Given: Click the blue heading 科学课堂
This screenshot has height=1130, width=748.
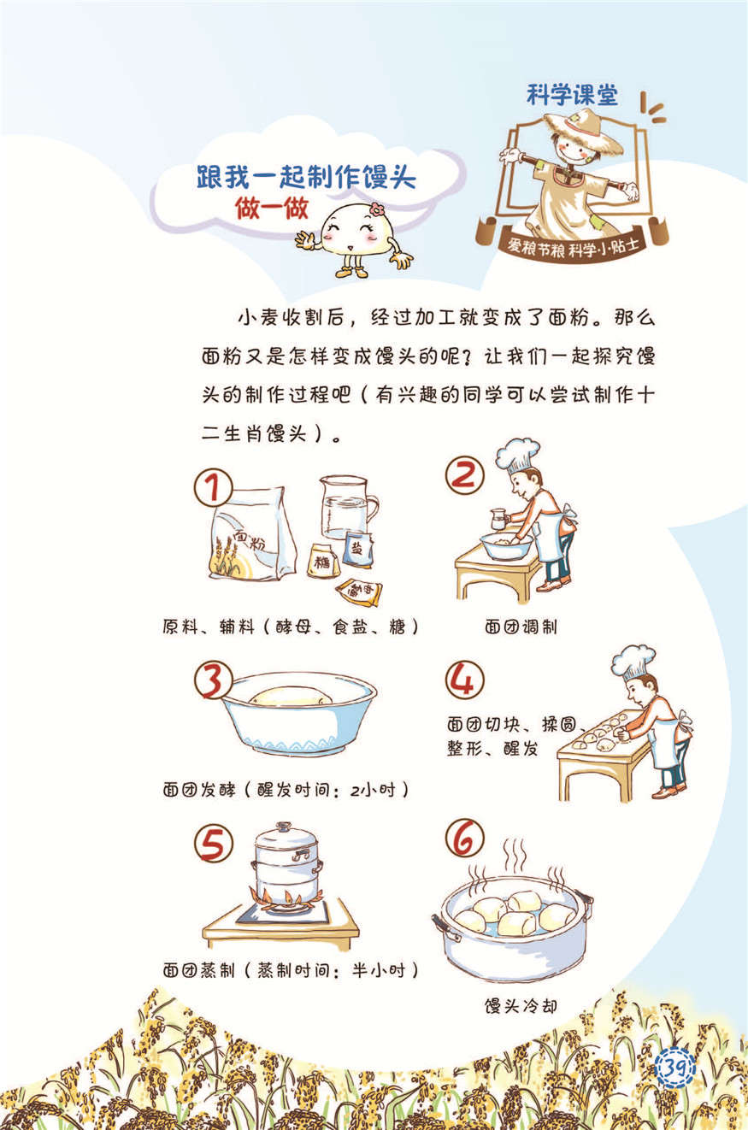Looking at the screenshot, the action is (x=572, y=95).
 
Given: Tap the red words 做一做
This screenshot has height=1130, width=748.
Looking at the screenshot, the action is (x=272, y=208).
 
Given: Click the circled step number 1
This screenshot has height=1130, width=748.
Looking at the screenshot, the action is (x=214, y=488).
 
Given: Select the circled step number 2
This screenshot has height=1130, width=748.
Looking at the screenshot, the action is (x=464, y=475).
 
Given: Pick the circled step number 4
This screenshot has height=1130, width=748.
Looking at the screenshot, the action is (x=464, y=680).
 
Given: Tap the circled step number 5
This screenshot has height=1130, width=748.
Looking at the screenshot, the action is (x=214, y=844).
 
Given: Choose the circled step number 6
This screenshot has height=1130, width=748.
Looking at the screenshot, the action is (x=464, y=838).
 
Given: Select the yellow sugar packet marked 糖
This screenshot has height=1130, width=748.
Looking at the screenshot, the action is (x=323, y=561).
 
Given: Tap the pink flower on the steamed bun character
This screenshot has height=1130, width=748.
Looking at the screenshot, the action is (x=376, y=209).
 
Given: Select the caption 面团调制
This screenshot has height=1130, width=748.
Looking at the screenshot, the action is (x=521, y=627).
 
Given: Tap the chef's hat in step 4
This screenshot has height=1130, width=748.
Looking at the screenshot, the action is (x=633, y=662).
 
